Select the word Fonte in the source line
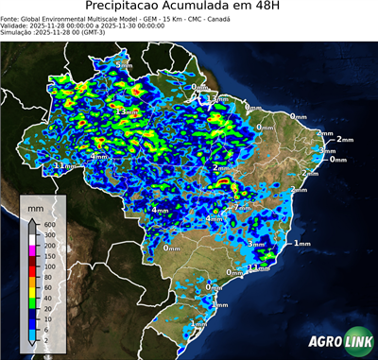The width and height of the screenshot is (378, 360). click(10, 17)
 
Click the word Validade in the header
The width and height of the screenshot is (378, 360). click(15, 25)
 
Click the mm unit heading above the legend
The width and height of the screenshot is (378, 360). click(35, 205)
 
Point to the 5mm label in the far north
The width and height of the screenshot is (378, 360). click(124, 64)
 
